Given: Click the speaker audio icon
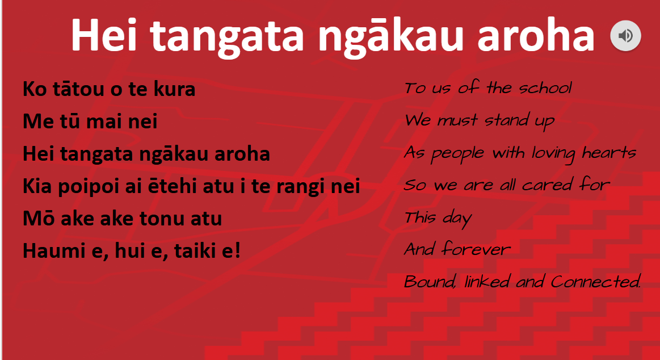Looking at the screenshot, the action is click(625, 36).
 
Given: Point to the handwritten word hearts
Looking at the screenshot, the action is click(609, 152).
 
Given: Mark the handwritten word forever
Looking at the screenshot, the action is click(476, 249).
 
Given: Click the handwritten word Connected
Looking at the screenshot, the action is click(596, 281).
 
